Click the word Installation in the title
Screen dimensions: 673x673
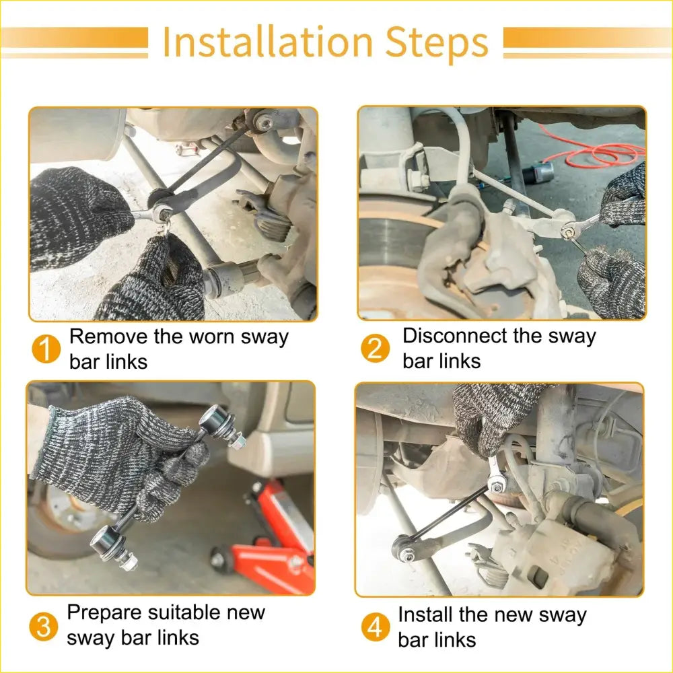268,42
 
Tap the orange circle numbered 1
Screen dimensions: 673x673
46,349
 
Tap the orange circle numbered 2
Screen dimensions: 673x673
375,348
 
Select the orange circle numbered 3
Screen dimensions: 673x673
43,626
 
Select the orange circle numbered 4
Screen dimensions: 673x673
375,627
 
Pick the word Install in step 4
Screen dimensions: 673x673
425,614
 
